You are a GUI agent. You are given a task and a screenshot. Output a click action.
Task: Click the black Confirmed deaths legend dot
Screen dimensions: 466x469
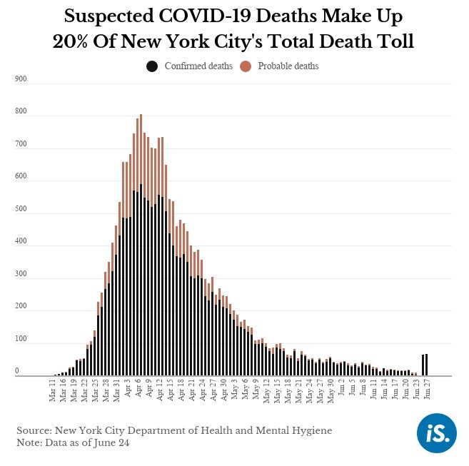point(152,66)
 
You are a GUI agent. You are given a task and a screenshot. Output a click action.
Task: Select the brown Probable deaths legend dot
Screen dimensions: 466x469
point(246,66)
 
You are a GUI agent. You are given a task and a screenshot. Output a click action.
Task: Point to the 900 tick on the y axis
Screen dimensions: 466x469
point(21,79)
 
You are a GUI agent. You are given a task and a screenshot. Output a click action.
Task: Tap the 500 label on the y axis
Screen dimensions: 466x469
point(21,209)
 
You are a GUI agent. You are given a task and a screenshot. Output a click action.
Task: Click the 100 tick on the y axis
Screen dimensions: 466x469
point(21,339)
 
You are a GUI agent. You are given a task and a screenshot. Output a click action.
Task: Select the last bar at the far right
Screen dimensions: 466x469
point(427,364)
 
